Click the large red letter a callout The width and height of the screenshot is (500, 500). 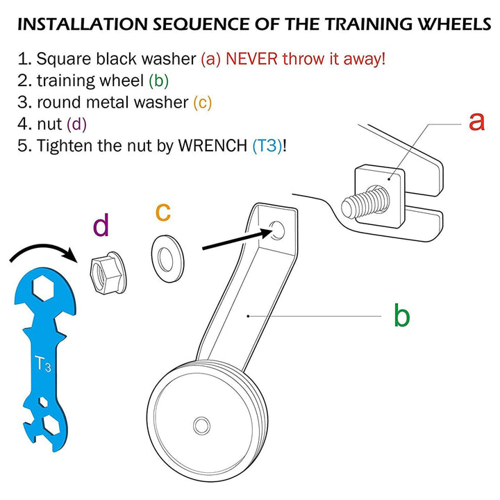coord(476,121)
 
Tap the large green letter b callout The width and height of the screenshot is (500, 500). coord(401,316)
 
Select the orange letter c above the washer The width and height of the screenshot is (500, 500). coord(162,211)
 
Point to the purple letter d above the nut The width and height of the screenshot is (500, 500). coord(101,226)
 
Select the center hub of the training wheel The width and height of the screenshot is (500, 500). coord(201,424)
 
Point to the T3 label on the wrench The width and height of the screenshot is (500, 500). coord(43,363)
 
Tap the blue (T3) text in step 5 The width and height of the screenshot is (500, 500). coord(267,146)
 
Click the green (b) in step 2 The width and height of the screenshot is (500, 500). coord(159,81)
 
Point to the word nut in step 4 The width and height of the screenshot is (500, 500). coord(49,124)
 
